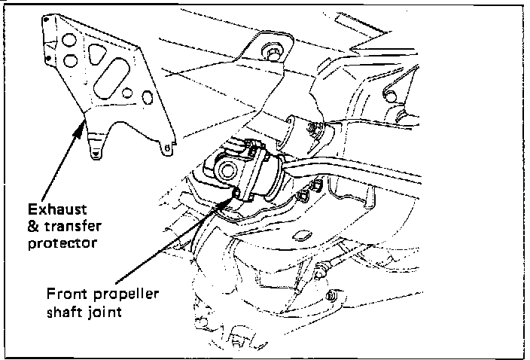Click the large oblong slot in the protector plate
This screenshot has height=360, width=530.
[x=115, y=76]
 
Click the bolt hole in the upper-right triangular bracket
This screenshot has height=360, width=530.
[x=389, y=94]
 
